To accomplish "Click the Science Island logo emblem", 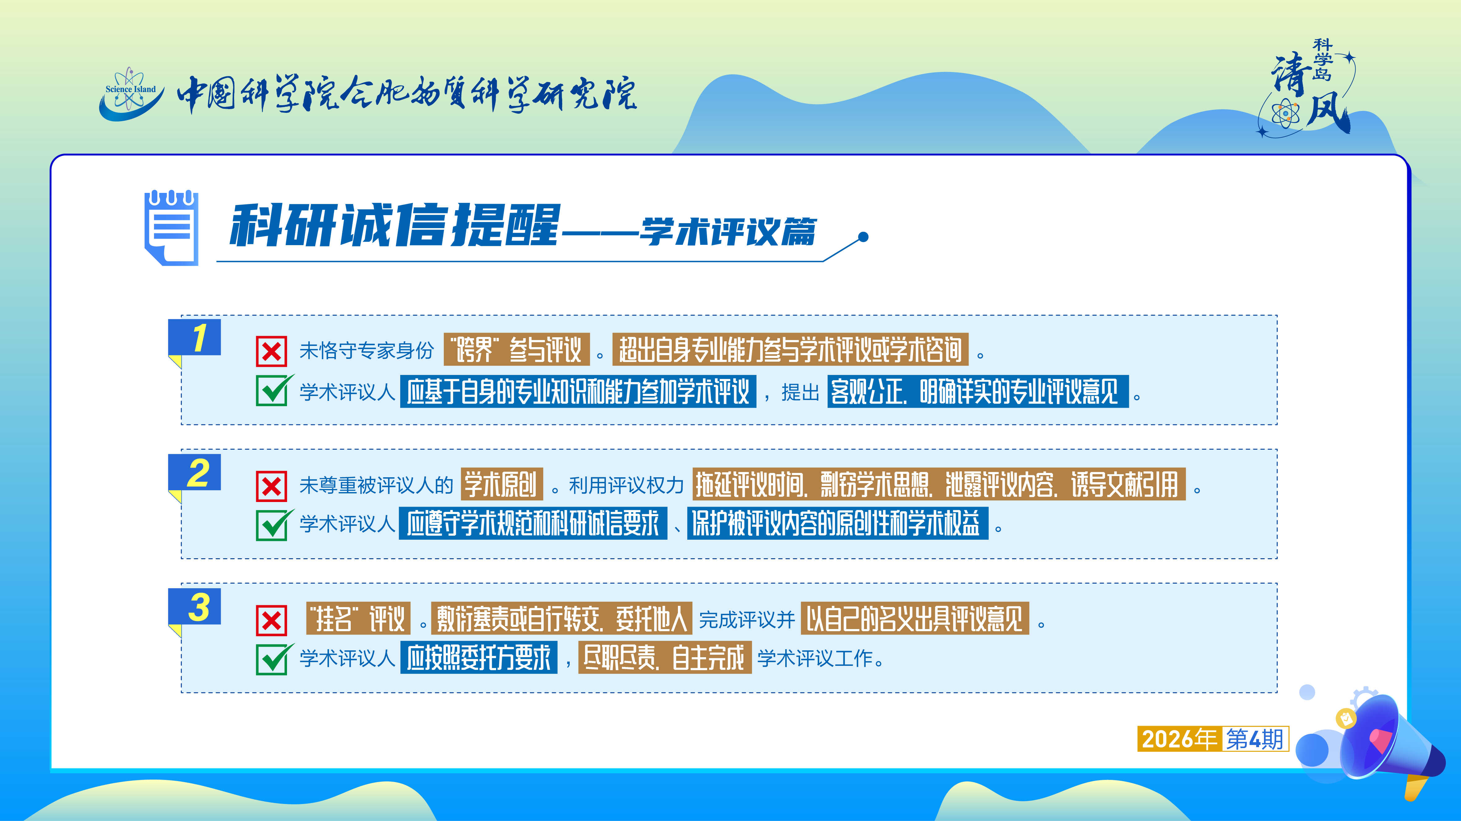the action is tap(131, 94).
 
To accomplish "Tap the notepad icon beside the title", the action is tap(171, 228).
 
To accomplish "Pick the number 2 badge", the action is tap(195, 474).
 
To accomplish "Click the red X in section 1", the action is tap(271, 351).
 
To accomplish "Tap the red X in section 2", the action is tap(271, 486).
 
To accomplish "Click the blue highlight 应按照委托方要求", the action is tap(479, 658).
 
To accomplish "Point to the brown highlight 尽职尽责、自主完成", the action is tap(665, 658).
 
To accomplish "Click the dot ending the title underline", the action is tap(863, 237).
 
